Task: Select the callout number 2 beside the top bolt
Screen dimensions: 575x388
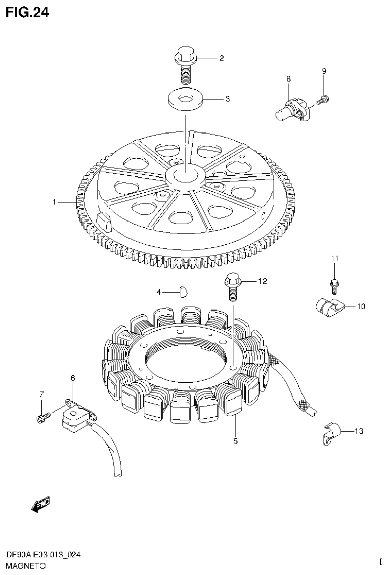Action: point(221,58)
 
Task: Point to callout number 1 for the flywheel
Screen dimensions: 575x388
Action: point(54,202)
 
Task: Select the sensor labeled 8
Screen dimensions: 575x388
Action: point(291,108)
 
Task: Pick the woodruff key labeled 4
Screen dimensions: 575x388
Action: point(184,291)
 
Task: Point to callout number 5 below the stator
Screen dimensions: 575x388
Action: point(235,441)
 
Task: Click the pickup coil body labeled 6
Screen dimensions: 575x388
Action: point(74,419)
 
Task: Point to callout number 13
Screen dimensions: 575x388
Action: point(359,431)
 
